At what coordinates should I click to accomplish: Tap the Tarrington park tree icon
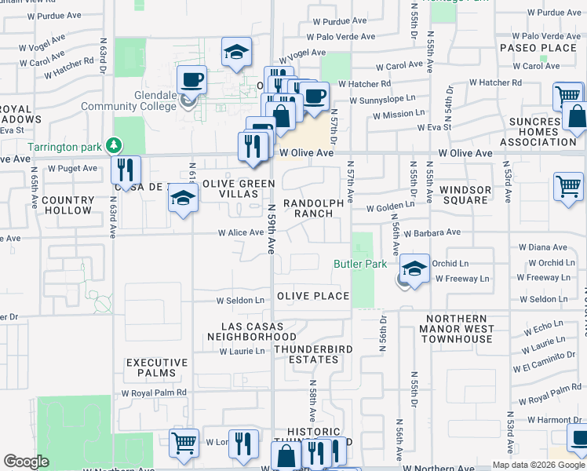point(115,146)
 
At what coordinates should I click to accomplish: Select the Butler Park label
point(360,265)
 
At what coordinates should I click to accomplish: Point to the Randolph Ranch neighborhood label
point(313,208)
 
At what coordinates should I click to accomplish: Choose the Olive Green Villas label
point(239,189)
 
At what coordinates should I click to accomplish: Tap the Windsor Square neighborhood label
point(465,195)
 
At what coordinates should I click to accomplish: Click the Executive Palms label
point(157,368)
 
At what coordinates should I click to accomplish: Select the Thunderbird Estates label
point(312,354)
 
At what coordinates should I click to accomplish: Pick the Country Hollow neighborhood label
point(67,206)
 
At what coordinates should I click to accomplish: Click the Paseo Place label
point(538,48)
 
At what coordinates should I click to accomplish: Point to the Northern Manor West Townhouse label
point(457,328)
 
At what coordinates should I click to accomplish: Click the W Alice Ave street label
point(241,232)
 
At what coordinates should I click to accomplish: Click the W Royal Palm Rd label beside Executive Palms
point(154,392)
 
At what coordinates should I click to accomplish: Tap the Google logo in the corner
point(27,462)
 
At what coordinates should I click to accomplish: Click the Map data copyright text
point(538,465)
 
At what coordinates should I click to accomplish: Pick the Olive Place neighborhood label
point(312,296)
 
